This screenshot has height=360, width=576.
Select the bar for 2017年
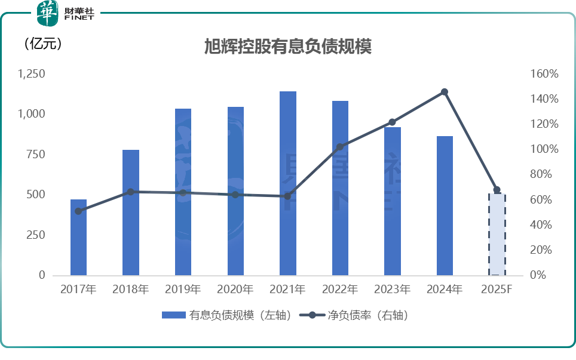(78, 237)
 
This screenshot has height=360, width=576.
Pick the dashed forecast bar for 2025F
(497, 234)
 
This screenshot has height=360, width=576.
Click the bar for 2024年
(445, 205)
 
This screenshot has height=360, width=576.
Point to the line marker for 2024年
(445, 92)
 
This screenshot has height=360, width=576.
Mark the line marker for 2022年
(340, 147)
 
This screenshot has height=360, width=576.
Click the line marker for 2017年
(78, 211)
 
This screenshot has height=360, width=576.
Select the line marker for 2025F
(497, 190)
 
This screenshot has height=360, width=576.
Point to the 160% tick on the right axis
(544, 74)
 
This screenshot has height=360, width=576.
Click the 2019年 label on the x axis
(183, 290)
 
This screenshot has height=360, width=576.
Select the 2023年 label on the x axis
(392, 290)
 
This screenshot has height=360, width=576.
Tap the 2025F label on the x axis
(497, 290)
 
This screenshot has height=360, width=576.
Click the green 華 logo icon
(48, 13)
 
